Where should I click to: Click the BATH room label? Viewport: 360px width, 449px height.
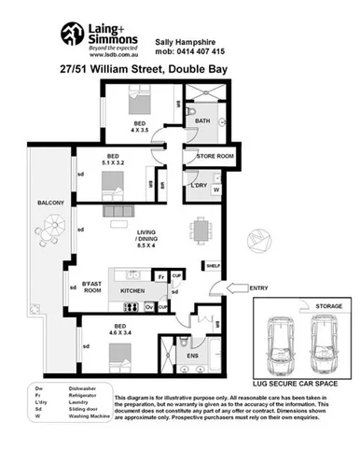pyautogui.click(x=202, y=122)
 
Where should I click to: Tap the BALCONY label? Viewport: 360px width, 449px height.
pyautogui.click(x=50, y=203)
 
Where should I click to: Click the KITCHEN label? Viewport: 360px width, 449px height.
pyautogui.click(x=133, y=291)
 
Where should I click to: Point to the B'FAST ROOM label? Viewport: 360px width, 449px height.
pyautogui.click(x=91, y=287)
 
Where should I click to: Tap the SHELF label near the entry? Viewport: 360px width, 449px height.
pyautogui.click(x=213, y=266)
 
